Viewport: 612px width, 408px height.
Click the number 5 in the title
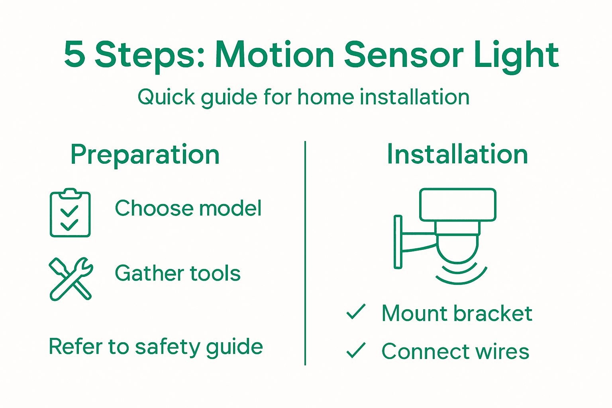tap(75, 55)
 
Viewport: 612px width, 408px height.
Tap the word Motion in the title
tap(275, 55)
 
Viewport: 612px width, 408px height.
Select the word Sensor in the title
tap(404, 55)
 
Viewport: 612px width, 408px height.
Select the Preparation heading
tap(145, 155)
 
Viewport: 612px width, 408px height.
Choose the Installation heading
tap(457, 154)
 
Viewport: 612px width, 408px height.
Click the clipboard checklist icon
tap(70, 213)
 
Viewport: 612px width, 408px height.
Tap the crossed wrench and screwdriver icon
tap(71, 279)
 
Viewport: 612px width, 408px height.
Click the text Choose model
tap(188, 208)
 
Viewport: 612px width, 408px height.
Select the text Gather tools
tap(178, 273)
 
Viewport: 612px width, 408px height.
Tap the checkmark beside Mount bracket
tap(356, 312)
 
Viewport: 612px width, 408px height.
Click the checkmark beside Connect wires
tap(356, 350)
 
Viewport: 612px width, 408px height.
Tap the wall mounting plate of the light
tap(398, 242)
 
